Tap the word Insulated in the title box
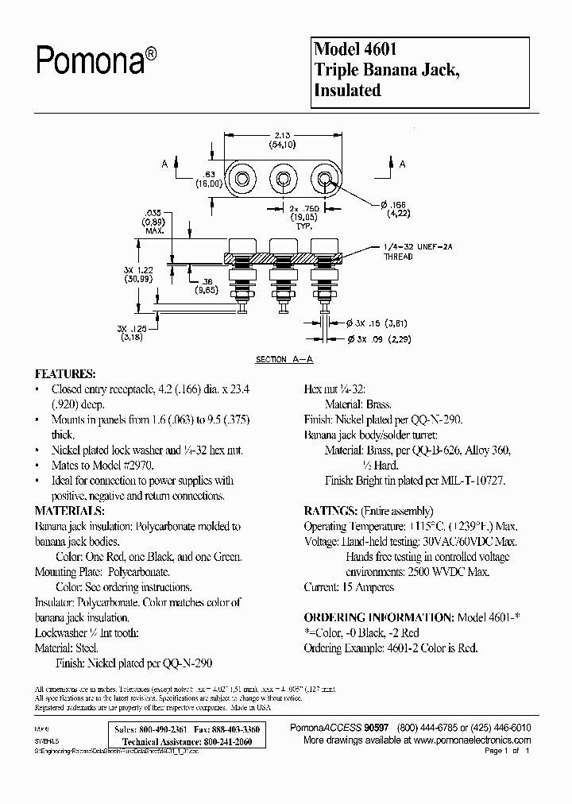[348, 90]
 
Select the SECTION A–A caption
[284, 359]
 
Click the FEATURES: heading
[65, 373]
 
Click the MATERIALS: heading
[70, 510]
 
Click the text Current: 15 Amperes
[349, 587]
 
